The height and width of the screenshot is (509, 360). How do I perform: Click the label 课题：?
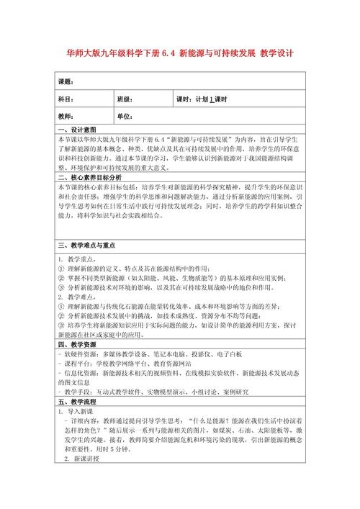(x=66, y=81)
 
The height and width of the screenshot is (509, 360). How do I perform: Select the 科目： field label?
(x=66, y=99)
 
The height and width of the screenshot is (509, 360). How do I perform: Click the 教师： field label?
(x=66, y=117)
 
